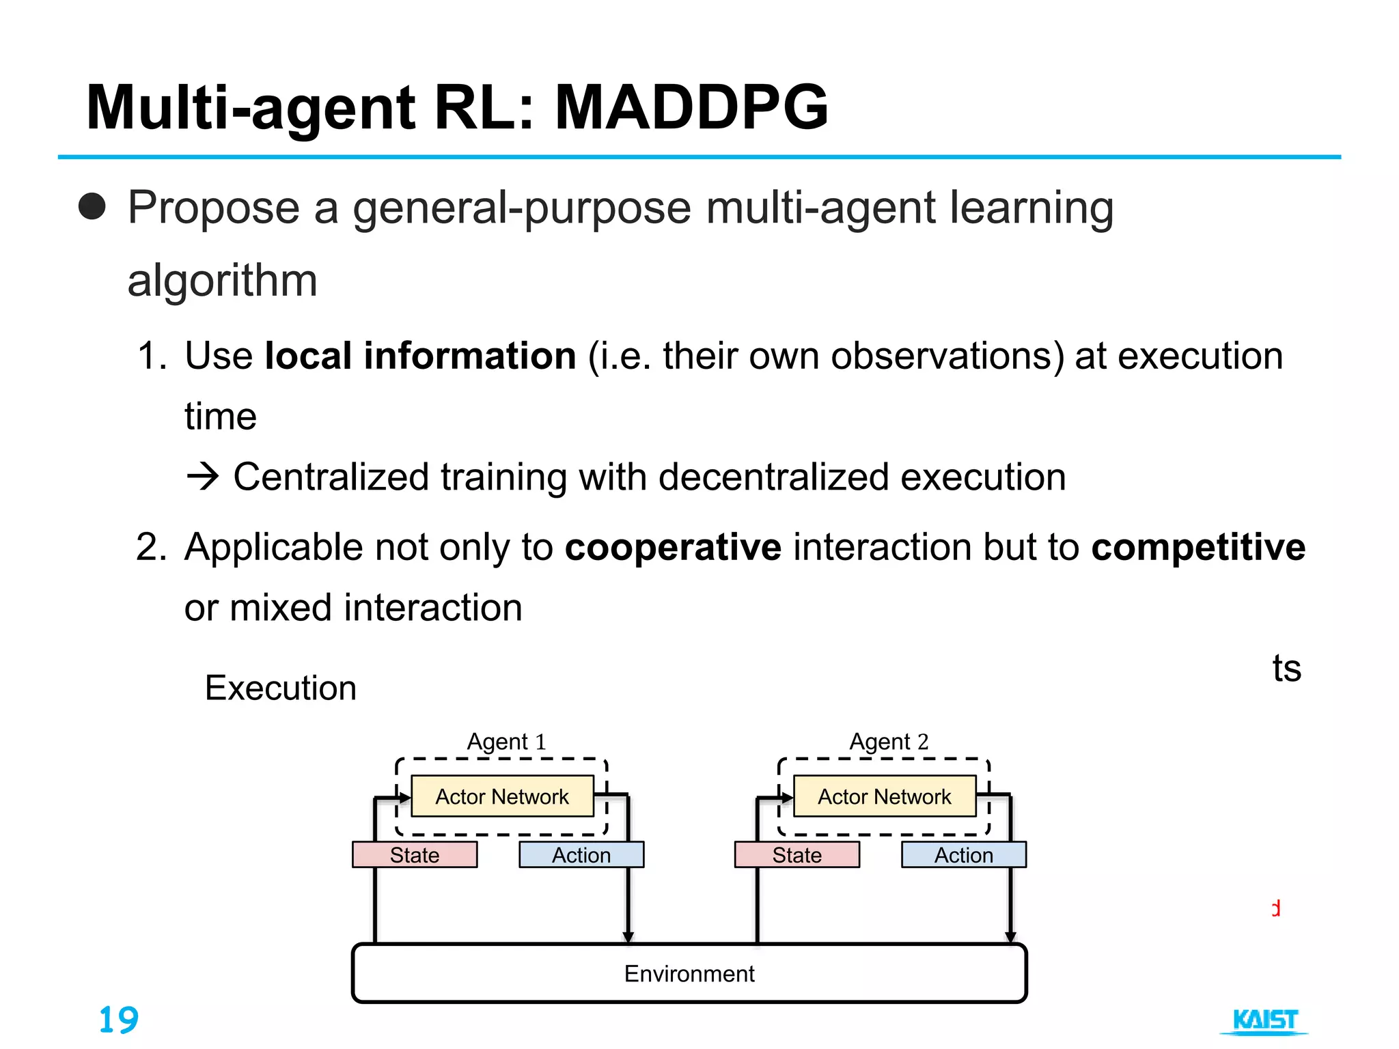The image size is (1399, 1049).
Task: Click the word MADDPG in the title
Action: click(691, 108)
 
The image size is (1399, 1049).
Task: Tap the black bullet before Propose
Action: click(92, 207)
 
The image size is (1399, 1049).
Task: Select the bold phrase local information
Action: click(420, 356)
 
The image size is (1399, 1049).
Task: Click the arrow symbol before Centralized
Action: click(203, 477)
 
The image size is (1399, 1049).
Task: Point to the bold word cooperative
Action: click(673, 547)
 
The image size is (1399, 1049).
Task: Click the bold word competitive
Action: click(1198, 547)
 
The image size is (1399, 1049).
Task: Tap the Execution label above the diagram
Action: click(281, 688)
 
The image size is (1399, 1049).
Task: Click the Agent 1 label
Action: click(506, 741)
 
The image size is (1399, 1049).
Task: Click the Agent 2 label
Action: click(889, 741)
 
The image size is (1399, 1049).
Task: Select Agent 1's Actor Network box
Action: click(502, 796)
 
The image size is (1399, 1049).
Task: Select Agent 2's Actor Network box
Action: click(885, 796)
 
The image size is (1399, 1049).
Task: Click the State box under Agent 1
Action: click(415, 855)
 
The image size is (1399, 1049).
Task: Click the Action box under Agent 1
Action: click(581, 855)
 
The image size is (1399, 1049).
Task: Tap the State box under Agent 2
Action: click(797, 855)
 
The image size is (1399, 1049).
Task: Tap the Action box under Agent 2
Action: click(964, 855)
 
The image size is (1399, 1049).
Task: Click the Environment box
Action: click(689, 973)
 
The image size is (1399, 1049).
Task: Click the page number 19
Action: click(119, 1020)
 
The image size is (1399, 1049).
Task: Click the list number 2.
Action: click(151, 547)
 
